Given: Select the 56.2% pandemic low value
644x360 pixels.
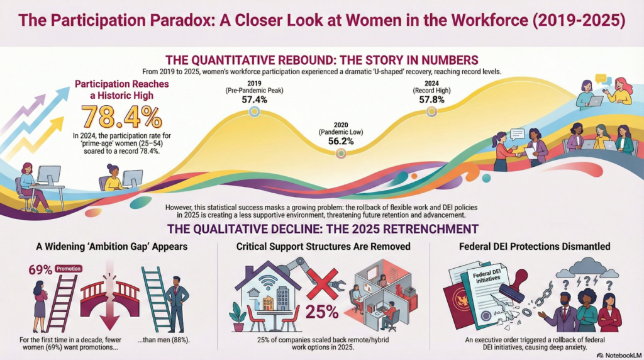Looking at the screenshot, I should coord(340,142).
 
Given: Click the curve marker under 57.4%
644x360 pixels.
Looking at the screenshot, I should coord(254,111).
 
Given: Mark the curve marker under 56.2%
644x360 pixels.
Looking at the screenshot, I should coord(340,153).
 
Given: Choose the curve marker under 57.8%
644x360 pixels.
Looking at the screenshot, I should coord(431,111).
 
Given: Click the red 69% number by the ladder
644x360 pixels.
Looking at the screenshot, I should coord(40,270).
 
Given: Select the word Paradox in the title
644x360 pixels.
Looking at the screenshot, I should coord(196,21).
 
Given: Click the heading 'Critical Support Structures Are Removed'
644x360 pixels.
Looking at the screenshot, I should coord(323,247).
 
